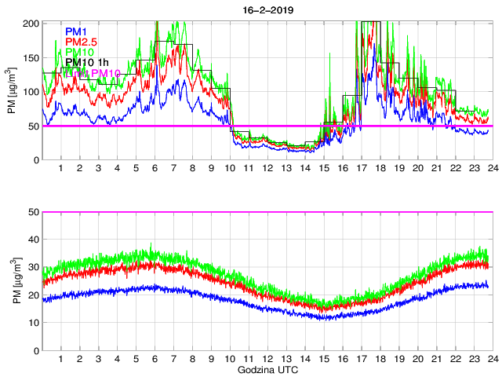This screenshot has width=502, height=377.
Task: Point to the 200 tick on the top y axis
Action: [x=31, y=23]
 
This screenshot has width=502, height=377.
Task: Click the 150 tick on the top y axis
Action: [x=31, y=57]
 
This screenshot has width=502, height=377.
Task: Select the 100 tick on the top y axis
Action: [x=31, y=92]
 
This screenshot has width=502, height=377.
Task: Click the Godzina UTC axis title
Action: [x=267, y=368]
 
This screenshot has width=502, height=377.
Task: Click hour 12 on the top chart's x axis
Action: [x=267, y=169]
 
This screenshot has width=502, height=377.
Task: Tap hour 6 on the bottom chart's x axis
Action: [x=155, y=359]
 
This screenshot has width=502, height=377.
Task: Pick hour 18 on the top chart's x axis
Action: [x=380, y=169]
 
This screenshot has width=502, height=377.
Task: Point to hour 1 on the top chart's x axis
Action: [x=61, y=169]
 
